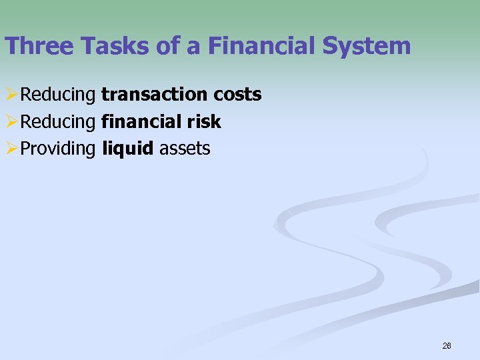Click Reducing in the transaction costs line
(59, 95)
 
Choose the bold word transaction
(155, 95)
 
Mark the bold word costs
(238, 95)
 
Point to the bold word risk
(204, 122)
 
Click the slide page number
(447, 346)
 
